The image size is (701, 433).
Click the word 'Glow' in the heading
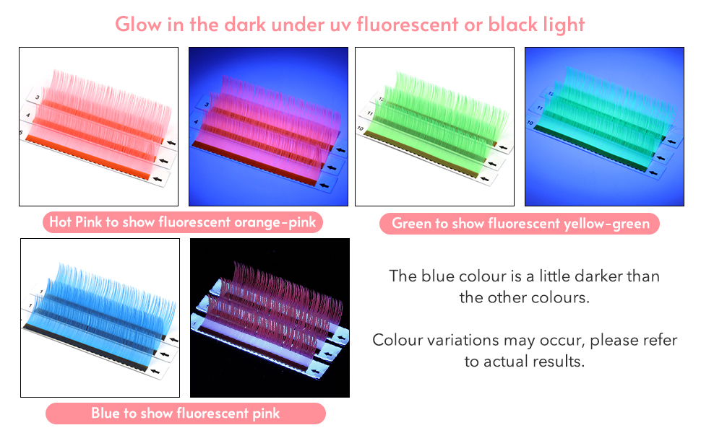tap(138, 24)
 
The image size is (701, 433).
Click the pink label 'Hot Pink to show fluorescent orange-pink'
tap(182, 222)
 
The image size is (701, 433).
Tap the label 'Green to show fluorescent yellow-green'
tap(520, 223)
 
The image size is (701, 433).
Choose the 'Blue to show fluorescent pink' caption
tap(186, 414)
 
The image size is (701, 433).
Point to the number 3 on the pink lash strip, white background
tap(38, 97)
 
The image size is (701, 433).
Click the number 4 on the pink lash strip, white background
tap(27, 115)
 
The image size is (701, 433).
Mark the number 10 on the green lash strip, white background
tap(361, 128)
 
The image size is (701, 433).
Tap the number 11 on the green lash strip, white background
tap(370, 113)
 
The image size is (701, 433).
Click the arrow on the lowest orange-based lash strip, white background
tap(158, 179)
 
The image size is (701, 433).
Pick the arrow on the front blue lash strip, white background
tap(155, 371)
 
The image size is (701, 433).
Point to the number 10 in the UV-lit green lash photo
tap(530, 122)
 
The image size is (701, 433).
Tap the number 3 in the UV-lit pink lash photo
tap(207, 105)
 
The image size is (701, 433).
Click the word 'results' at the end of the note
tap(556, 361)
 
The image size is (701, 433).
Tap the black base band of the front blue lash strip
tap(86, 347)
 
